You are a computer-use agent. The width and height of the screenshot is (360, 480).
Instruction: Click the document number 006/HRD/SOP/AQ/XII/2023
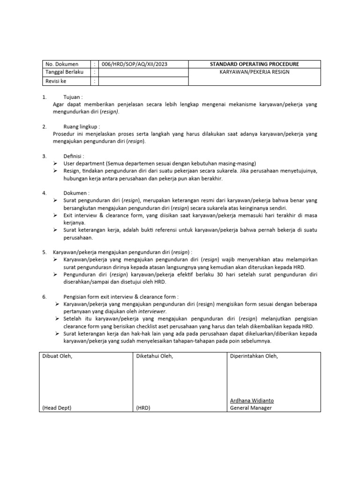click(132, 64)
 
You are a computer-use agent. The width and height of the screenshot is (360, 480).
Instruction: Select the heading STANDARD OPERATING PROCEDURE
click(255, 64)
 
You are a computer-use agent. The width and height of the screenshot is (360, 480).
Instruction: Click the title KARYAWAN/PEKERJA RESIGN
click(255, 72)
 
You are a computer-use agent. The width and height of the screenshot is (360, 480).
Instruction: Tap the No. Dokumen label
click(61, 64)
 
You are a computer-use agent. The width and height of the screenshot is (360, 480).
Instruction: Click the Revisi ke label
click(56, 81)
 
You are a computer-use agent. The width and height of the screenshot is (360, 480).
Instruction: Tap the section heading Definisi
click(75, 156)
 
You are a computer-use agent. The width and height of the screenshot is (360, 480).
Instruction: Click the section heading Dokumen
click(76, 193)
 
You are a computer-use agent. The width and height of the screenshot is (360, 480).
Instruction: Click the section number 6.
click(44, 297)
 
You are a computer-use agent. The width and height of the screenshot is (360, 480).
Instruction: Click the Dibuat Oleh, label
click(59, 356)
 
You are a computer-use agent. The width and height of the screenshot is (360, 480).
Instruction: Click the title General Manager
click(251, 408)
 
